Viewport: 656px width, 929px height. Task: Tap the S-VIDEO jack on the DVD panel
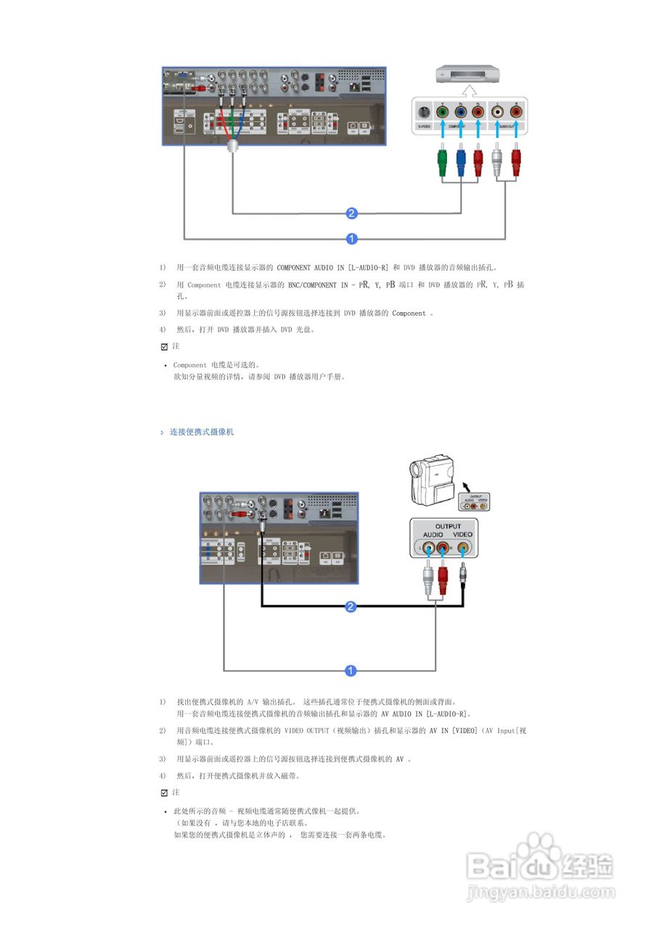424,112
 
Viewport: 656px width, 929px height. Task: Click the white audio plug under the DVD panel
497,160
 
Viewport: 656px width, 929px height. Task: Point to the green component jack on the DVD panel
442,112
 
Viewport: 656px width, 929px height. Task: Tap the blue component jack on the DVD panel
460,112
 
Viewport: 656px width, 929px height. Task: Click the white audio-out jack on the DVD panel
497,112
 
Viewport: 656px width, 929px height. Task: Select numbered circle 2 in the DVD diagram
351,213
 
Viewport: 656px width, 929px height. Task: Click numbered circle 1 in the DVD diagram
351,238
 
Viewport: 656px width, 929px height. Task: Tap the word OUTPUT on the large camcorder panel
448,526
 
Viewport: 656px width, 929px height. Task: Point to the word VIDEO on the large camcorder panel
462,535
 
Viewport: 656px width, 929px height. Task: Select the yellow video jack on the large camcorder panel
462,548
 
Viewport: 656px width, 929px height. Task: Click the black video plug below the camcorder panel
463,578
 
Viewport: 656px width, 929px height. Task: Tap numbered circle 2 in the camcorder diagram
350,607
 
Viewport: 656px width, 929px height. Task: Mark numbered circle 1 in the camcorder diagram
350,670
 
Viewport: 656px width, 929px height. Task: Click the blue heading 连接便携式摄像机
202,432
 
